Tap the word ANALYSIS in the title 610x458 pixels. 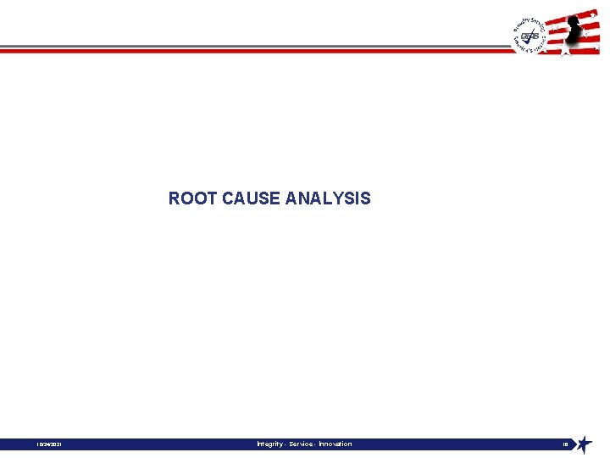click(328, 198)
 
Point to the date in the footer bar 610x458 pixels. click(49, 444)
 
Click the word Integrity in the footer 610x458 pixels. click(271, 444)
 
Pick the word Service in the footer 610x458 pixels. click(302, 444)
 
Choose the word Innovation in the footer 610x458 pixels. click(335, 444)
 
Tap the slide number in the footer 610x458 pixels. click(565, 444)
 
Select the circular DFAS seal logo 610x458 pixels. click(530, 36)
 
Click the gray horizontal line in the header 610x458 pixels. click(254, 46)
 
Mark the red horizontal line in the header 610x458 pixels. click(254, 51)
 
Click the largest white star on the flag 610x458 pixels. click(565, 51)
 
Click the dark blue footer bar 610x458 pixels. click(169, 444)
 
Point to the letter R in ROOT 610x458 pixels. click(175, 198)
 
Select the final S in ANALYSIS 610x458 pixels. click(365, 198)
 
